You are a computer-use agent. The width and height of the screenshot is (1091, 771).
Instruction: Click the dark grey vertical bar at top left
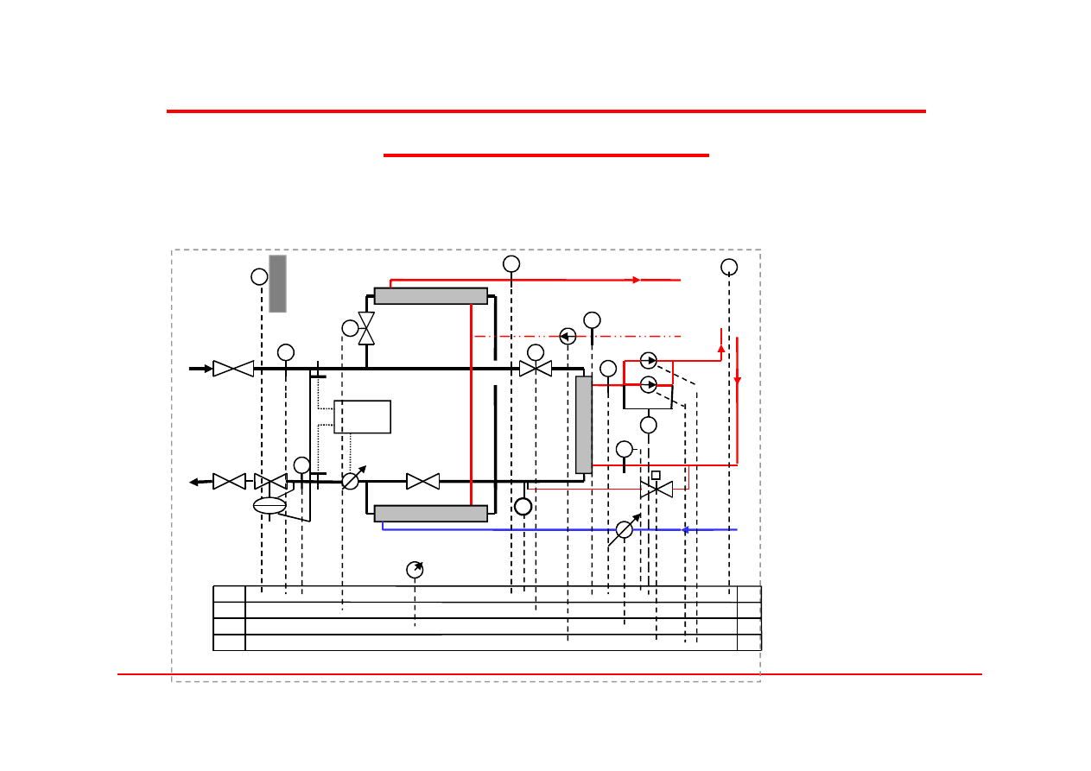[x=277, y=283]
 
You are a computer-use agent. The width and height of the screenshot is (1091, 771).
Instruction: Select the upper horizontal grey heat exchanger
[x=430, y=296]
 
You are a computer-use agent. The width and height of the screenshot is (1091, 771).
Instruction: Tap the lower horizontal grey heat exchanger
[x=430, y=514]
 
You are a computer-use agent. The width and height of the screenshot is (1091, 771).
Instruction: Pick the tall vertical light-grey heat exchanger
[x=583, y=424]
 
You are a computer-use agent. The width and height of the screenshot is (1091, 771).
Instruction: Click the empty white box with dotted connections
[x=362, y=416]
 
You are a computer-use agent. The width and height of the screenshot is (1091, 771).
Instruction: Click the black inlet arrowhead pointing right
[x=207, y=369]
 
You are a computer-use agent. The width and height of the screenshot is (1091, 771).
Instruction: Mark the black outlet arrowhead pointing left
[x=195, y=482]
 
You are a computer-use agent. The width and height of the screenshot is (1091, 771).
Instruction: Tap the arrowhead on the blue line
[x=686, y=529]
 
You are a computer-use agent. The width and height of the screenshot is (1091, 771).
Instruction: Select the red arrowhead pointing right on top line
[x=637, y=280]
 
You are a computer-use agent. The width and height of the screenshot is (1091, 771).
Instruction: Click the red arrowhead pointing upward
[x=721, y=349]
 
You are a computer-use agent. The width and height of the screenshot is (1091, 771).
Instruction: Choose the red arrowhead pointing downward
[x=738, y=383]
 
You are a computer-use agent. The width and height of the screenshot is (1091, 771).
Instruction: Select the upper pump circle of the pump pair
[x=649, y=361]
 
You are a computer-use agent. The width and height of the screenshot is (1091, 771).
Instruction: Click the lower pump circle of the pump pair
[x=649, y=384]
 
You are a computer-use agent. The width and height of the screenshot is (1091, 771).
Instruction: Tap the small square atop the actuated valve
[x=656, y=475]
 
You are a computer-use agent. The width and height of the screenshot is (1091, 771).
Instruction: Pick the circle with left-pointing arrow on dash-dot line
[x=568, y=336]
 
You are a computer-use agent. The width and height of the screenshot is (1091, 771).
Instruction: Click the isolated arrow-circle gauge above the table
[x=415, y=570]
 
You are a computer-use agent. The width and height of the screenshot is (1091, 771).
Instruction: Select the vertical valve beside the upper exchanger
[x=366, y=329]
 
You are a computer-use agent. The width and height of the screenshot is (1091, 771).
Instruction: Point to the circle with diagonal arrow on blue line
[x=625, y=529]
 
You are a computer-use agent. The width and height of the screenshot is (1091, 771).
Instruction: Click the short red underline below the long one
[x=546, y=155]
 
